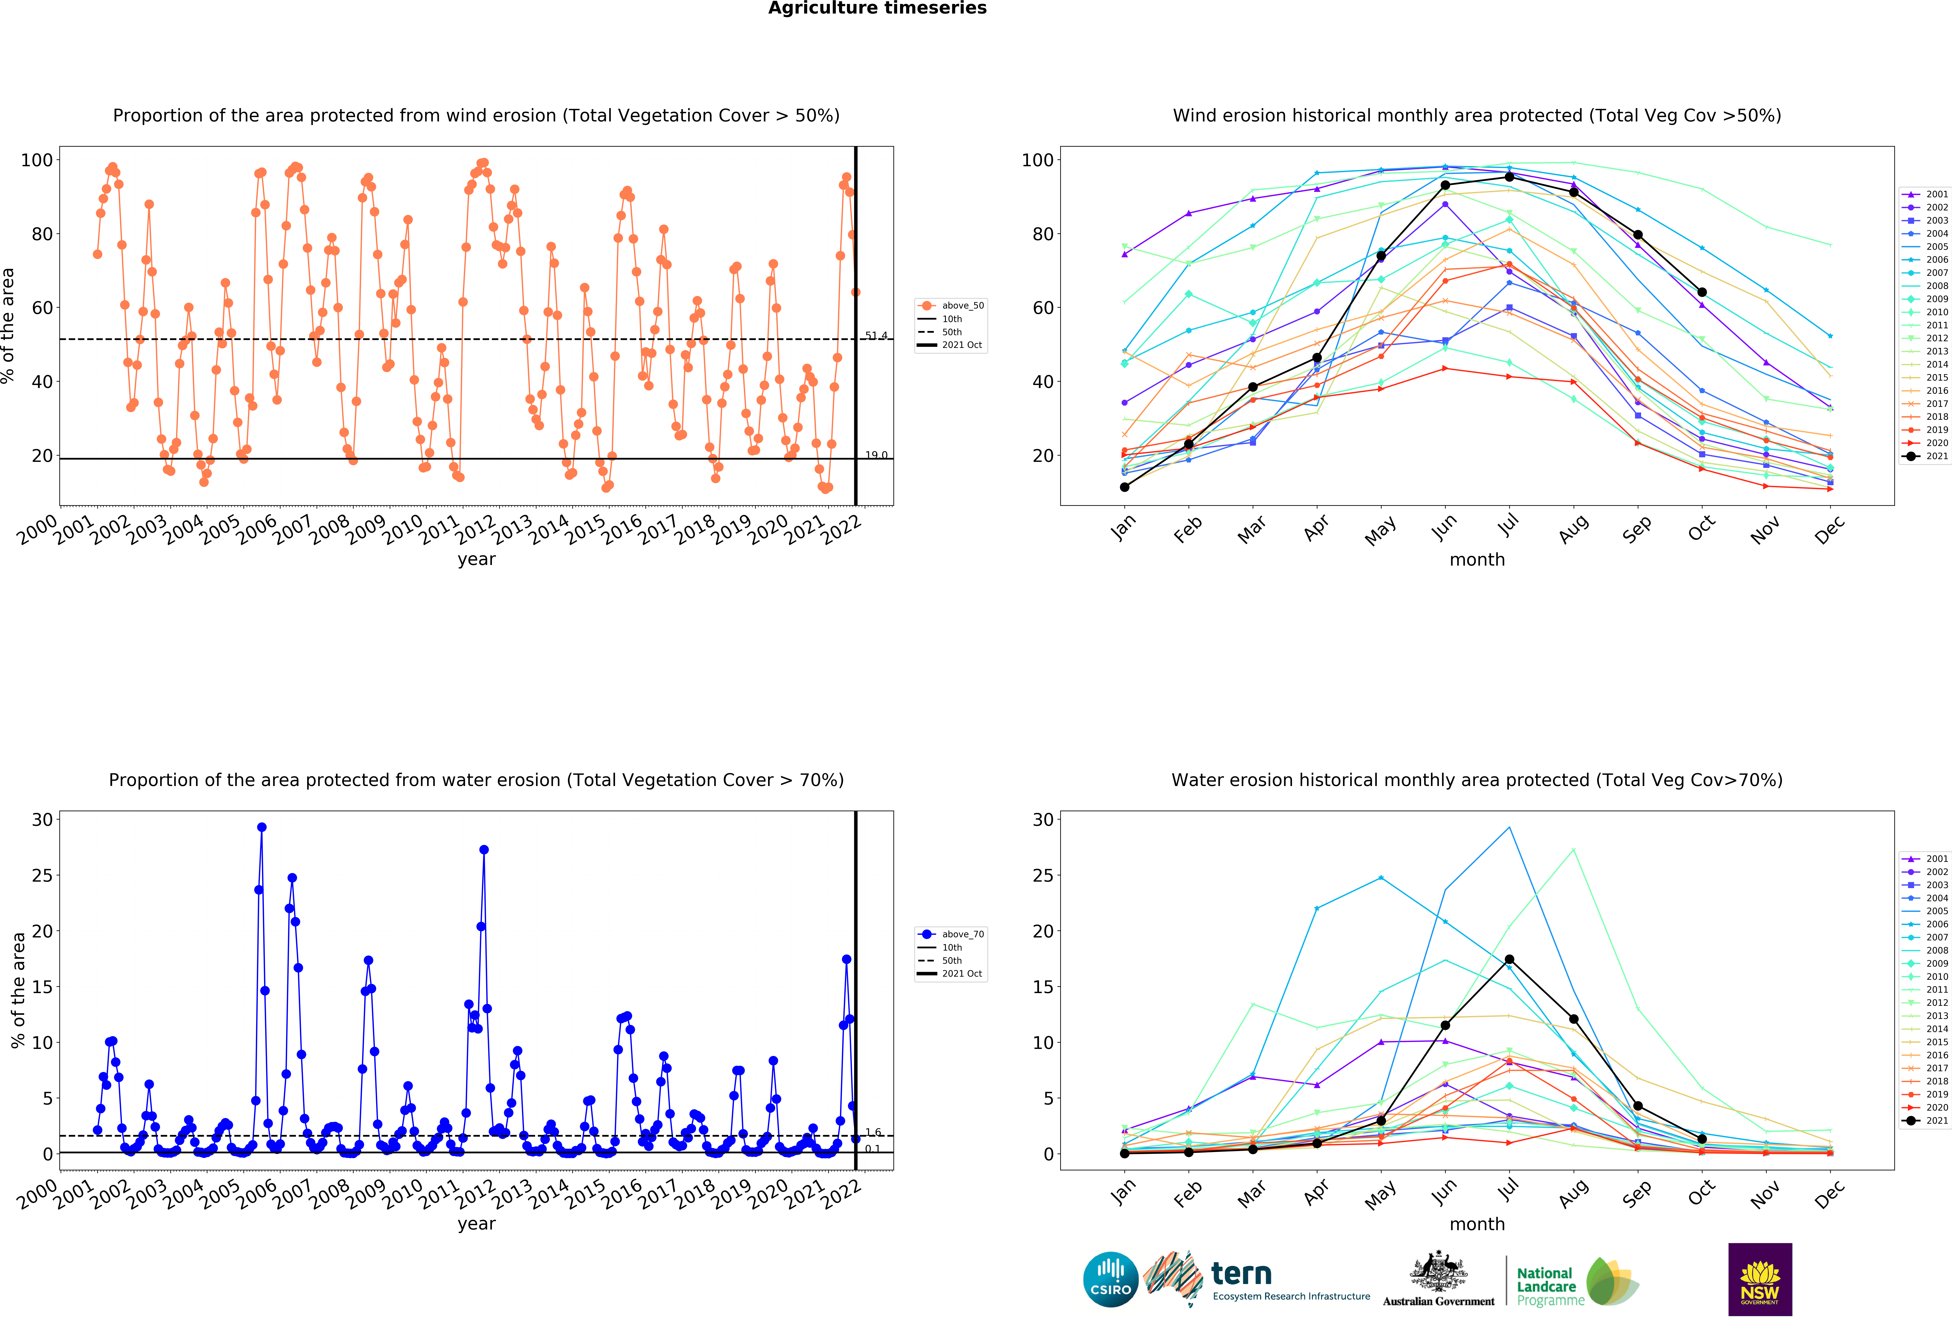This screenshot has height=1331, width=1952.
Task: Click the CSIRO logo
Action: pyautogui.click(x=1110, y=1279)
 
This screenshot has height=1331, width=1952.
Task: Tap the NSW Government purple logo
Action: pyautogui.click(x=1760, y=1279)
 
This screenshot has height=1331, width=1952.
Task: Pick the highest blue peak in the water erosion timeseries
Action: pyautogui.click(x=261, y=827)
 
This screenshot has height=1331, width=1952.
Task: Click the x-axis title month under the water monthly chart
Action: pyautogui.click(x=1477, y=1224)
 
